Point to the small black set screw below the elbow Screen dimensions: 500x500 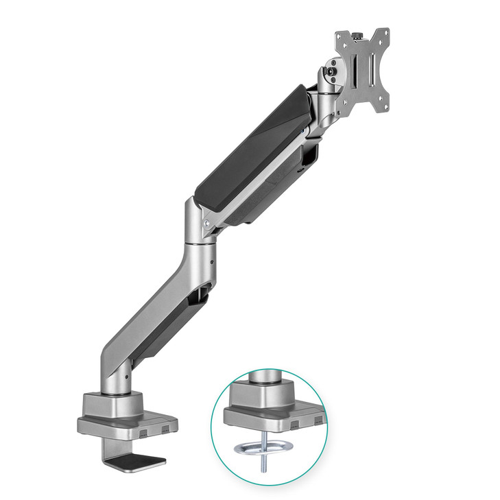213,261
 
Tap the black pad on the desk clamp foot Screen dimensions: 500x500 147,461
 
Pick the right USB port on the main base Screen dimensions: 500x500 164,430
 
